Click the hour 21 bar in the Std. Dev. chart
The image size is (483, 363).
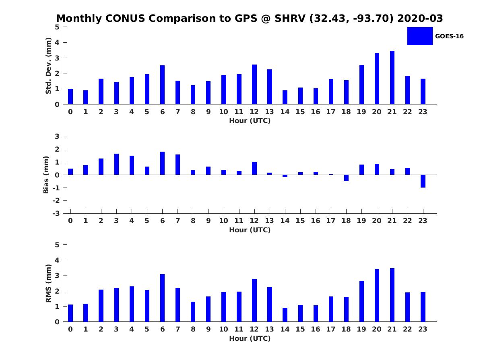tap(392, 77)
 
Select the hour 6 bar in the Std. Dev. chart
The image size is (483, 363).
tap(162, 85)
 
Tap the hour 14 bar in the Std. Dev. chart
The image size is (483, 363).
tap(285, 97)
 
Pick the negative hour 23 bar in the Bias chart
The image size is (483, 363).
tap(423, 181)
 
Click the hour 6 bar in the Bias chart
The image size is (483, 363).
tap(162, 163)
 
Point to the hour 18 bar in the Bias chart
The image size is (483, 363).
tap(346, 178)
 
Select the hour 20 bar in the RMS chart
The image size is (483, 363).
tap(377, 295)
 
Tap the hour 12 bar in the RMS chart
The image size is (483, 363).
tap(254, 300)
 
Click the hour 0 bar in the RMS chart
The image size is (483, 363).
tap(70, 313)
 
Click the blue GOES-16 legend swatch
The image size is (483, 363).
tap(420, 36)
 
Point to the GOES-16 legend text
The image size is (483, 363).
tap(449, 36)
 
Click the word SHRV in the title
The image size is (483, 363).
tap(290, 18)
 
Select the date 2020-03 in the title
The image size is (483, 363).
tap(420, 18)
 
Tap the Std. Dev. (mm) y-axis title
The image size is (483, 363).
tap(48, 66)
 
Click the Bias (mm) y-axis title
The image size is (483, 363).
tap(46, 175)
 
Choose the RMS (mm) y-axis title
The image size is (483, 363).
tap(48, 283)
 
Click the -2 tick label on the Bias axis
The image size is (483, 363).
tap(56, 200)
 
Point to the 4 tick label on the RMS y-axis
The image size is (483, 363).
tap(57, 260)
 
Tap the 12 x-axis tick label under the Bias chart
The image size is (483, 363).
tap(254, 221)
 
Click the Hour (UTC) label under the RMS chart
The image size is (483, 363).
tap(250, 338)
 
